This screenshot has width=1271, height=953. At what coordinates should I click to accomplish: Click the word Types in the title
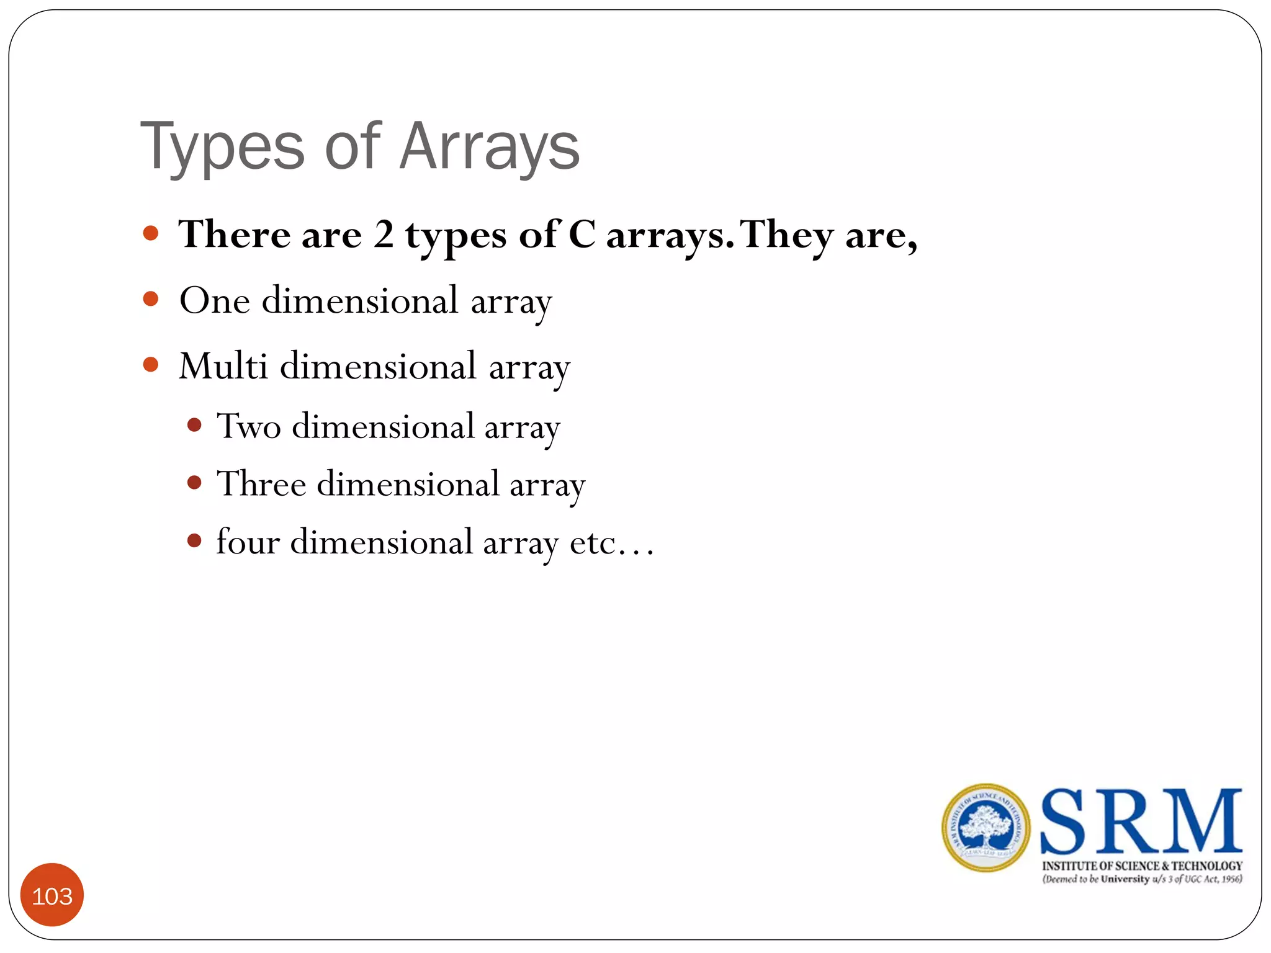tap(222, 149)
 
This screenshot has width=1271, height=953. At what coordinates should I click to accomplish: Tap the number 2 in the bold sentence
tap(384, 235)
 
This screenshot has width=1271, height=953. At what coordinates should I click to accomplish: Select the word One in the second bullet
tap(215, 301)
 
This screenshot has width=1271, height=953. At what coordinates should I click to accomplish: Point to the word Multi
tap(223, 366)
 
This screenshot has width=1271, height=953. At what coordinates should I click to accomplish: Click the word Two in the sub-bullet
tap(248, 427)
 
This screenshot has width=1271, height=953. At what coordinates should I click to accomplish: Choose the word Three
tap(261, 485)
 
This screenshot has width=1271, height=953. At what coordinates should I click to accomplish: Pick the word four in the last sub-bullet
tap(248, 542)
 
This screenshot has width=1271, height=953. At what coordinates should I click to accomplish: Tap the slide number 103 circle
tap(52, 895)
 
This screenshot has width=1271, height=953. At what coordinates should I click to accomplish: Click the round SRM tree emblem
tap(986, 828)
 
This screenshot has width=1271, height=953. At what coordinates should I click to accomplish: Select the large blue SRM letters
tap(1141, 821)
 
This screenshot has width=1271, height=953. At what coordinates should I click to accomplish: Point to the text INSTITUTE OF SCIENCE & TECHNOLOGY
tap(1142, 866)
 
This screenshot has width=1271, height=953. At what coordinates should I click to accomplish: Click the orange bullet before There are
tap(151, 233)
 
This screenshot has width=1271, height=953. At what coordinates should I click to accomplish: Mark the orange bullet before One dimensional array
tap(151, 299)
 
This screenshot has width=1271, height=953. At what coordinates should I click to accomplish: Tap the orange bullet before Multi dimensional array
tap(151, 364)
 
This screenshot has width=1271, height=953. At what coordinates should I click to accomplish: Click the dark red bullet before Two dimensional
tap(194, 425)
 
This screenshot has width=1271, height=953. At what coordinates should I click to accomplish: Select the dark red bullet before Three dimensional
tap(194, 483)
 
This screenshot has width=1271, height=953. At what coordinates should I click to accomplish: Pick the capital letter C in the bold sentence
tap(582, 235)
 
